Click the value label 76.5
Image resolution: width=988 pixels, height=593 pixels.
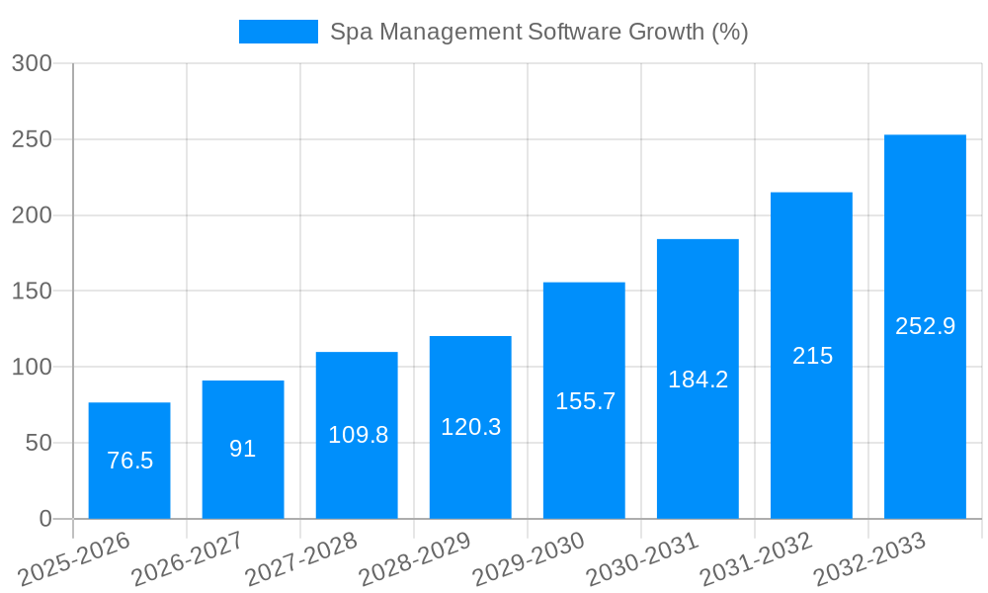129,461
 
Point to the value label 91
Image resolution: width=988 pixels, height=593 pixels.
243,449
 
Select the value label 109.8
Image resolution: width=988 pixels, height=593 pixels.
358,435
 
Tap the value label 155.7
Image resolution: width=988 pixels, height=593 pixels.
585,401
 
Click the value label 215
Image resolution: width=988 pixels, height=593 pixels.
812,356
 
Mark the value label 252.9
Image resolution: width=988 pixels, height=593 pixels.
925,326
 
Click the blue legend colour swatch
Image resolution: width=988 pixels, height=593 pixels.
278,32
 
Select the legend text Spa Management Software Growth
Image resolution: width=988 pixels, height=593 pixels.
538,32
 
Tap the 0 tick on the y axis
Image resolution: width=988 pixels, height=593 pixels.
46,519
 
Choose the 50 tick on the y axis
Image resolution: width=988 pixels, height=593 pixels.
38,444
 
